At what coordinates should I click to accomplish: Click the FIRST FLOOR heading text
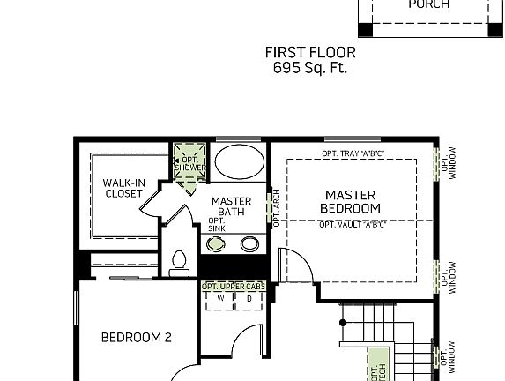[x=310, y=52]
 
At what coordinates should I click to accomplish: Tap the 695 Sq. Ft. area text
[x=310, y=67]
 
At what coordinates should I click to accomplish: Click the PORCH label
[x=428, y=4]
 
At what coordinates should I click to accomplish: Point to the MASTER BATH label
[x=231, y=206]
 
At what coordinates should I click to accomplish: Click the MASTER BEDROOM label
[x=351, y=201]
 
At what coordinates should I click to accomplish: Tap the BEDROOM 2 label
[x=136, y=337]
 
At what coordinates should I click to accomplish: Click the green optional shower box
[x=188, y=164]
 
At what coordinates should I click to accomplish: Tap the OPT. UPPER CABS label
[x=234, y=287]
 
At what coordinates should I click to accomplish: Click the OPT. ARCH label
[x=275, y=208]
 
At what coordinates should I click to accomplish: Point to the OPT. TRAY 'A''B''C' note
[x=353, y=154]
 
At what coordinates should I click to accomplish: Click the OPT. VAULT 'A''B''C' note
[x=353, y=224]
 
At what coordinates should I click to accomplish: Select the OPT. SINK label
[x=216, y=225]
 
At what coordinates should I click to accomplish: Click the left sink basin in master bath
[x=216, y=243]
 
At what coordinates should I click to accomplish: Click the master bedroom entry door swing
[x=293, y=265]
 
